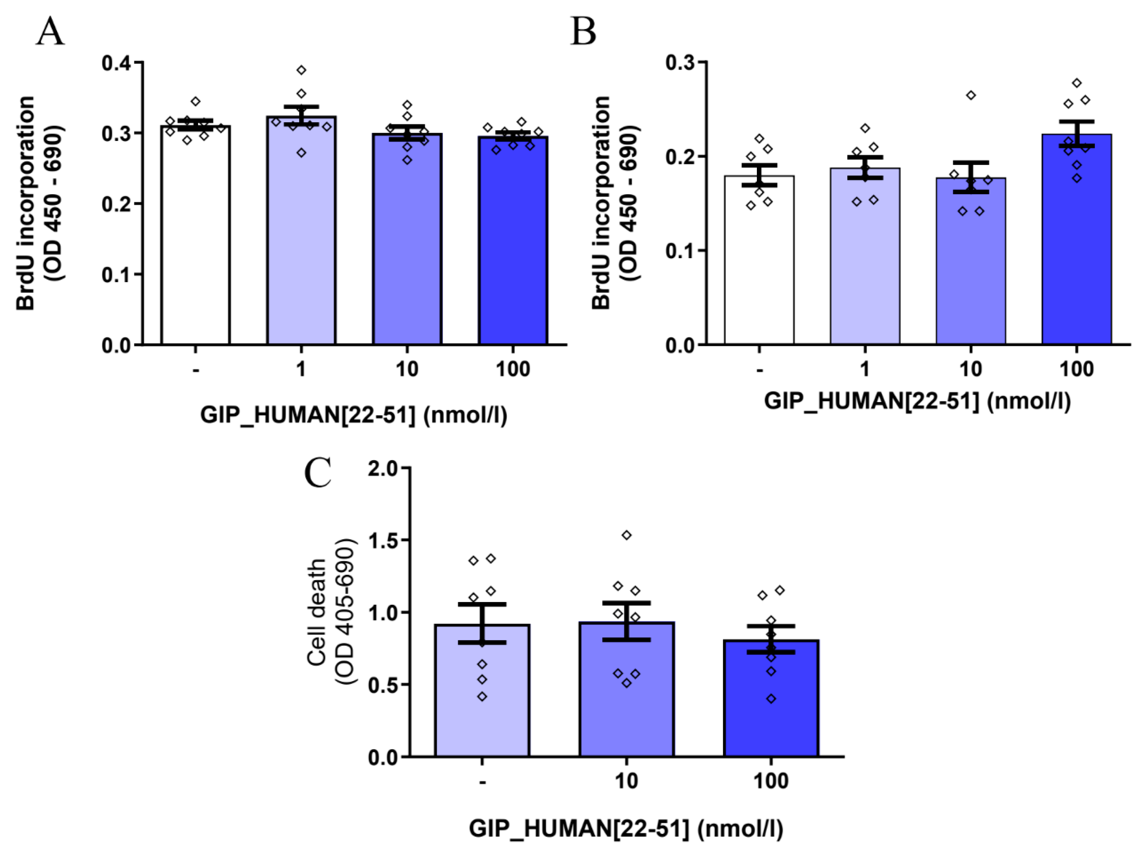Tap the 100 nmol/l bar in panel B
tap(1077, 243)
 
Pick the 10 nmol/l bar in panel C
tap(626, 692)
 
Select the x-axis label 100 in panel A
tap(512, 369)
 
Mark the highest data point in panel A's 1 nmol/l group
tap(301, 70)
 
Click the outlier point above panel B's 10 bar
tap(971, 96)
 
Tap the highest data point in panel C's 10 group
tap(627, 535)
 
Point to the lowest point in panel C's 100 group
tap(771, 699)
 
